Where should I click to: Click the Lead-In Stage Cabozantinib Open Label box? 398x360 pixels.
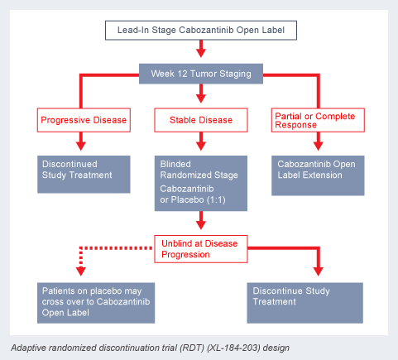pos(201,31)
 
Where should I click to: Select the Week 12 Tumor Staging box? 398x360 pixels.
pos(201,74)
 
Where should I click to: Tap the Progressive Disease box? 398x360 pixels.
pos(84,120)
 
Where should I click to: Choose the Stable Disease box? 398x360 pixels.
pos(201,120)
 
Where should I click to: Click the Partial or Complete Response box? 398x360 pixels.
pos(318,120)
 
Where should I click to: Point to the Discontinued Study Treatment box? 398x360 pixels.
pos(84,175)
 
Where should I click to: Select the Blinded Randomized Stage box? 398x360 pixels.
pos(201,184)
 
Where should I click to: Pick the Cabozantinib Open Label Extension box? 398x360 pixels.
pos(318,175)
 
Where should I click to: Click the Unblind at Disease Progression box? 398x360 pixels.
pos(201,249)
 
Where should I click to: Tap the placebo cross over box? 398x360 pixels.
pos(96,303)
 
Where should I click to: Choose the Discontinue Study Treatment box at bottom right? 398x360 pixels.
pos(304,303)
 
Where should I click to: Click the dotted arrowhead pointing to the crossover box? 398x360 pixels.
pos(81,271)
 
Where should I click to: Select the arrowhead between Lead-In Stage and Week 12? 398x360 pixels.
pos(201,53)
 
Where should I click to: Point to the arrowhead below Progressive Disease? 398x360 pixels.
pos(81,146)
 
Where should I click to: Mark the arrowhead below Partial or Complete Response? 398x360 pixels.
pos(318,146)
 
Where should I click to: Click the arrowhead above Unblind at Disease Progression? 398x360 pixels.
pos(201,225)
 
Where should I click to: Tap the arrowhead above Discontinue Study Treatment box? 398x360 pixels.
pos(319,271)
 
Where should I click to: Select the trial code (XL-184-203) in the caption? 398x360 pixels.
pos(233,348)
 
